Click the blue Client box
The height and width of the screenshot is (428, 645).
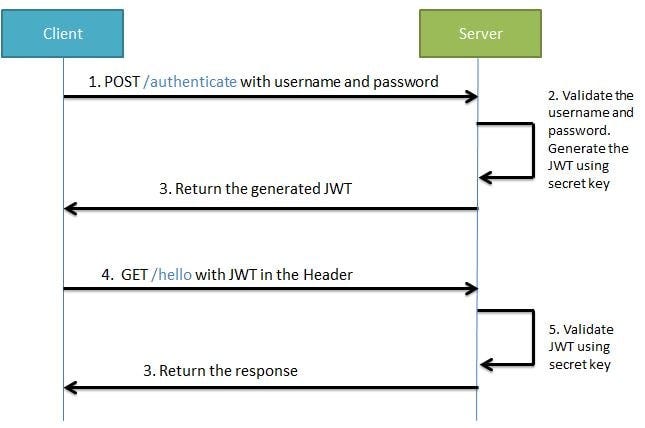tap(63, 34)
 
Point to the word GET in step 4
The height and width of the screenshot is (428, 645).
tap(132, 274)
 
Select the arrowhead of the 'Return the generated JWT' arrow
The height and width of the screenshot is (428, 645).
tap(70, 208)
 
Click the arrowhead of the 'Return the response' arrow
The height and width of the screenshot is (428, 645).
tap(70, 387)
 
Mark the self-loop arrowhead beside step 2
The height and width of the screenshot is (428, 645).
tap(485, 177)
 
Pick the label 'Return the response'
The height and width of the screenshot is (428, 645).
tap(220, 370)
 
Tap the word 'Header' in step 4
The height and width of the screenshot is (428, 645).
tap(326, 274)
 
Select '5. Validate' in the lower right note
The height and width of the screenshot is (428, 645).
tap(581, 329)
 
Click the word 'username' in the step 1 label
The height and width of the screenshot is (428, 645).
tap(306, 82)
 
